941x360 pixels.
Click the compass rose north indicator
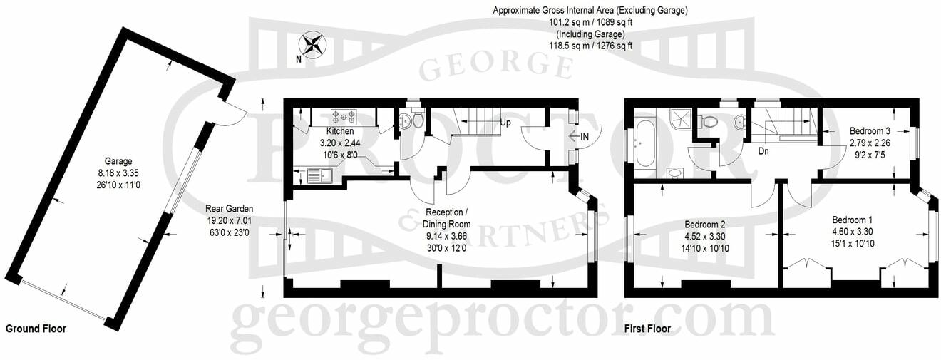(313, 45)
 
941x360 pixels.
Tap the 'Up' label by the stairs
(505, 123)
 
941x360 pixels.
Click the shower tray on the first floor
(679, 121)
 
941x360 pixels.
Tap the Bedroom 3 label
(869, 131)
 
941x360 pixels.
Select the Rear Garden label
(229, 209)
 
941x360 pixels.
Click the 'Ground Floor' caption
(36, 329)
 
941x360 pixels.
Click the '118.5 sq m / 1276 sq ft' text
(590, 46)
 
